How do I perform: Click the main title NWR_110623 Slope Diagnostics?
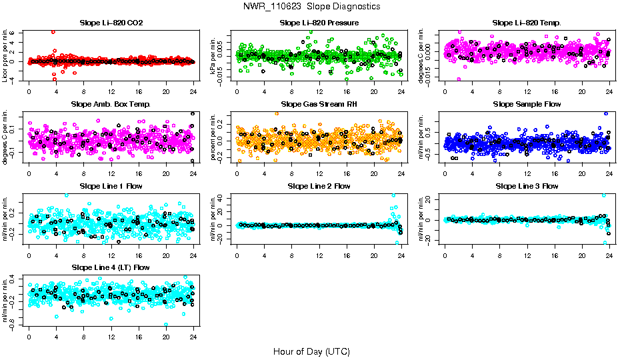pos(312,6)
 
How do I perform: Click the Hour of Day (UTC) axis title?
pos(311,351)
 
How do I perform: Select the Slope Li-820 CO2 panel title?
pos(111,23)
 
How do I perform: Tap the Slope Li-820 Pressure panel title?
pos(319,23)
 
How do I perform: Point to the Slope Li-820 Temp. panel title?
pos(527,23)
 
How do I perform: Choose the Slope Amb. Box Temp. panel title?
pos(111,105)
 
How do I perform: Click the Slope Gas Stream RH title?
pos(319,105)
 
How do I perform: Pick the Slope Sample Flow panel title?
pos(527,105)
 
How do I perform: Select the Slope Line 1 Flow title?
pos(111,186)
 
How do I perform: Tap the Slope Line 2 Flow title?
pos(319,186)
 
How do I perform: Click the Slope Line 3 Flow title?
pos(527,186)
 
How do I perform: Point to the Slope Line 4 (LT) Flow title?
pos(111,267)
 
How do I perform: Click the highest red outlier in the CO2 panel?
pos(53,32)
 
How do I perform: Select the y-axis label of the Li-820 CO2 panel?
pos(5,55)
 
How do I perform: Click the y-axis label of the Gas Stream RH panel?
pos(213,137)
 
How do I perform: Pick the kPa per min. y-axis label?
pos(213,55)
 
